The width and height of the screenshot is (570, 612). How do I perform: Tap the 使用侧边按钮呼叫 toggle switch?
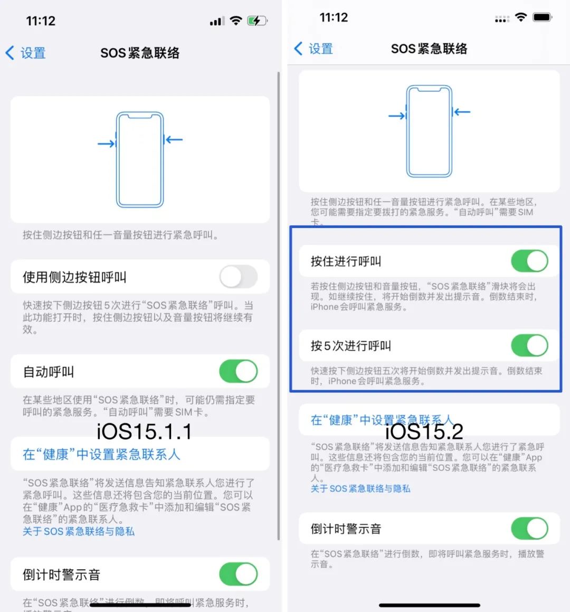point(239,277)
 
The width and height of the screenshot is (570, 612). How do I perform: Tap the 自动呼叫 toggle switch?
point(239,371)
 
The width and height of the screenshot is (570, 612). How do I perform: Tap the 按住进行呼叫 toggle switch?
point(529,261)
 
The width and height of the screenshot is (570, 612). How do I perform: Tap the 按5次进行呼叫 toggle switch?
point(529,345)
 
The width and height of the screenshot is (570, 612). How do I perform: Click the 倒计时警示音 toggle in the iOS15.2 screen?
point(529,528)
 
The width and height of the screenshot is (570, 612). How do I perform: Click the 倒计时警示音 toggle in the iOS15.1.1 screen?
point(239,574)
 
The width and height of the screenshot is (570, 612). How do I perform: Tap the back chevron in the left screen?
point(10,53)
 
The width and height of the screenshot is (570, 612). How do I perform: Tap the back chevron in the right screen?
point(298,49)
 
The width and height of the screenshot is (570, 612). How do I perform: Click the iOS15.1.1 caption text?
point(144,432)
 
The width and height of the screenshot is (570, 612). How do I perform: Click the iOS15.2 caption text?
point(424,431)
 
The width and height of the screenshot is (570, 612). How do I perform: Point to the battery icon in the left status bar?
point(258,21)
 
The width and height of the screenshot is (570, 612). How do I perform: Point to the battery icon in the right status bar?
point(543,17)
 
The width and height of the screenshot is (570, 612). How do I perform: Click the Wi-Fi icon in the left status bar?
point(236,21)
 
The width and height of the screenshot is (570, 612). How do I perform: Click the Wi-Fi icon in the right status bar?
point(521,17)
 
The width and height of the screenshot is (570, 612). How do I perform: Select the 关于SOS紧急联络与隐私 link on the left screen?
point(79,531)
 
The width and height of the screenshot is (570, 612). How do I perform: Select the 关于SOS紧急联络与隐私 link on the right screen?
point(360,488)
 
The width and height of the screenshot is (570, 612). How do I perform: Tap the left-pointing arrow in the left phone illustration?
point(174,140)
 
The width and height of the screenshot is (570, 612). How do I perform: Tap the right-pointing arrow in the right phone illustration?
point(396,116)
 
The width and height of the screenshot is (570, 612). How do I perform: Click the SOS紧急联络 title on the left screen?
point(140,53)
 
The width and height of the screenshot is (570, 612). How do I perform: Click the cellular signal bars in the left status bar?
point(216,22)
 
